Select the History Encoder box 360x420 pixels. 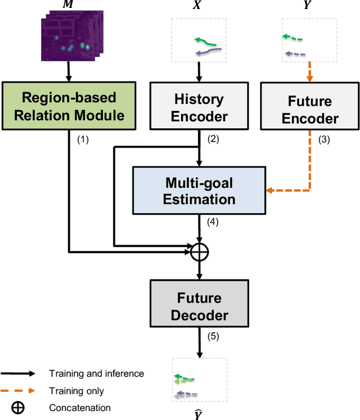click(199, 108)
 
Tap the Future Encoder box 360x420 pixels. click(310, 110)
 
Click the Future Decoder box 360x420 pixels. click(199, 306)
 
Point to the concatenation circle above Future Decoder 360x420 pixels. click(199, 252)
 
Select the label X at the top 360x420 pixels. click(199, 6)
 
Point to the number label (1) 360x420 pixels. click(83, 140)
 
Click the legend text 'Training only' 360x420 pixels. click(76, 391)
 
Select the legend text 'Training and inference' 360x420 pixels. click(96, 373)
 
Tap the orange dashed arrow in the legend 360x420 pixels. click(18, 391)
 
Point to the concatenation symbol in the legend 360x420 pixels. click(18, 408)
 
